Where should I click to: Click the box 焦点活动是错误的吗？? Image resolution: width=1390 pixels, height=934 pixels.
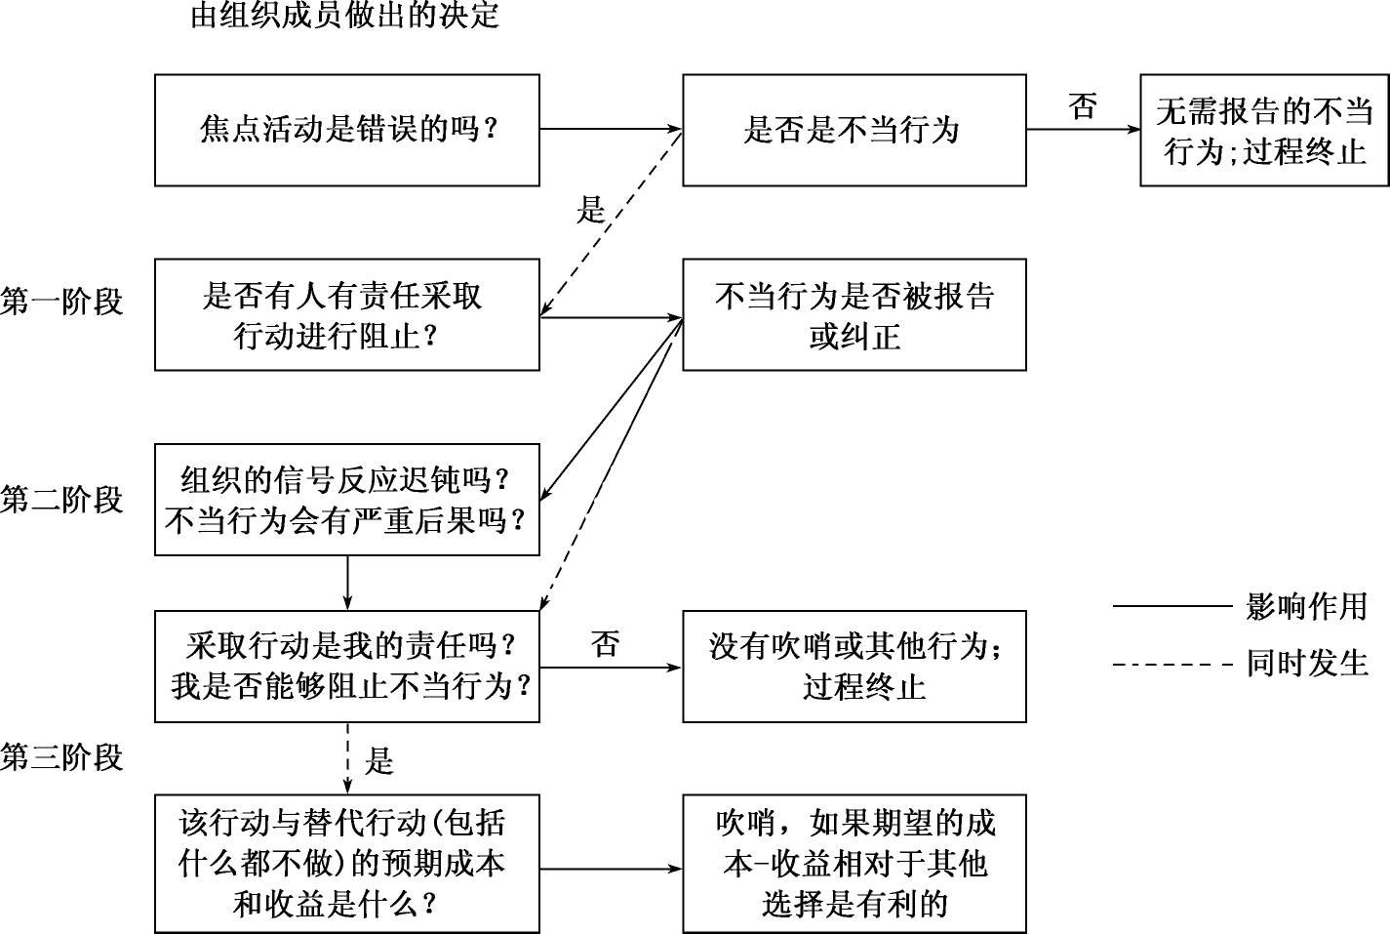pyautogui.click(x=346, y=130)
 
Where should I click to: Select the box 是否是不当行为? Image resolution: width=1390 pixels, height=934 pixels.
pyautogui.click(x=854, y=130)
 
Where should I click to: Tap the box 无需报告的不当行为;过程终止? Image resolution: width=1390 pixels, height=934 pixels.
pyautogui.click(x=1264, y=130)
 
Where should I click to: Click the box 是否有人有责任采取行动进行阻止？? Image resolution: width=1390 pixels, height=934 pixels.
pyautogui.click(x=346, y=314)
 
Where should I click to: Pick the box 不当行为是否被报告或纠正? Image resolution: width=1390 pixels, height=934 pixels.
pyautogui.click(x=854, y=314)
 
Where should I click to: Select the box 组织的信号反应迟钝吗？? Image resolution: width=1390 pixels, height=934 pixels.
pyautogui.click(x=346, y=500)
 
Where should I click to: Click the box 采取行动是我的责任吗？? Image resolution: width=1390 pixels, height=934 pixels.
pyautogui.click(x=346, y=667)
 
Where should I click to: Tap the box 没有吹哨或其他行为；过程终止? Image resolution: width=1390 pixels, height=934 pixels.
pyautogui.click(x=854, y=667)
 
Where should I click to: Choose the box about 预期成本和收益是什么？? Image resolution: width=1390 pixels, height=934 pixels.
pyautogui.click(x=346, y=864)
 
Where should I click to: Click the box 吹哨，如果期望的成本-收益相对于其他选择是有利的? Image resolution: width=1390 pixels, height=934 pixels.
pyautogui.click(x=854, y=864)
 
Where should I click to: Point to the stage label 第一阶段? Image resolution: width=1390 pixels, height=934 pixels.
pyautogui.click(x=61, y=302)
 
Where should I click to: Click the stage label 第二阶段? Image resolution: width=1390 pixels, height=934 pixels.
pyautogui.click(x=61, y=500)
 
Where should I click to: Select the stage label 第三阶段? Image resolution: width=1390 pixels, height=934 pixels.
pyautogui.click(x=61, y=757)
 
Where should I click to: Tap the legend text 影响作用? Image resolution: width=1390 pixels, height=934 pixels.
pyautogui.click(x=1307, y=607)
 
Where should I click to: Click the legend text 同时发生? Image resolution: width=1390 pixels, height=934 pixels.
pyautogui.click(x=1307, y=664)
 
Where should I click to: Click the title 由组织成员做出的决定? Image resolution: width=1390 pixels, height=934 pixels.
pyautogui.click(x=344, y=16)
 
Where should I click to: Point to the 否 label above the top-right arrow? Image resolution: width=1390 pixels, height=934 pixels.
pyautogui.click(x=1083, y=105)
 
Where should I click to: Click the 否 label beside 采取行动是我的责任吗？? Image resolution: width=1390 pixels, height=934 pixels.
pyautogui.click(x=605, y=644)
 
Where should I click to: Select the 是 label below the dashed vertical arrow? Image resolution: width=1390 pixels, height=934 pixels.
pyautogui.click(x=378, y=760)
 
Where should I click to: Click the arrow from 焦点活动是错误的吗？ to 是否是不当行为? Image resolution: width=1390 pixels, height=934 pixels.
pyautogui.click(x=610, y=129)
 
